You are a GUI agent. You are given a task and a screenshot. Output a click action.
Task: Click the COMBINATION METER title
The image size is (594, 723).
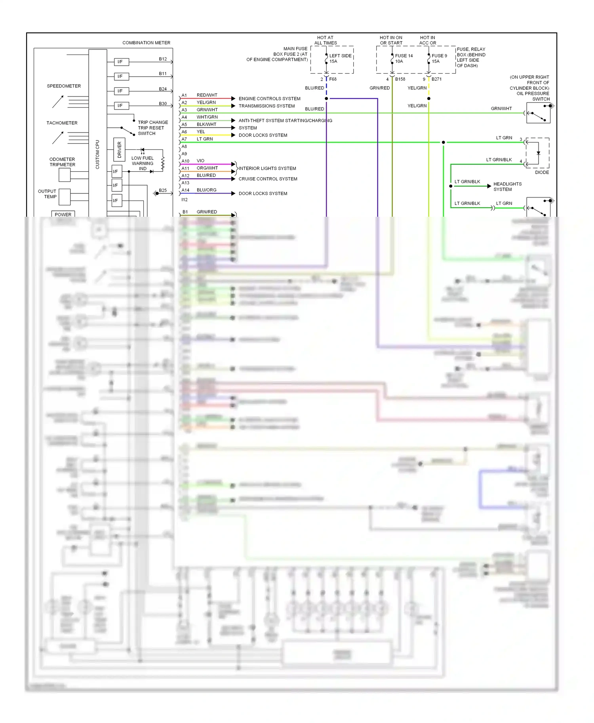(146, 43)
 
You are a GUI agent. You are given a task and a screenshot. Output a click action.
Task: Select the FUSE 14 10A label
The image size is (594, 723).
(404, 59)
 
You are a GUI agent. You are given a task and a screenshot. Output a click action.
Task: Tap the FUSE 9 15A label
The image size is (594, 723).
(439, 59)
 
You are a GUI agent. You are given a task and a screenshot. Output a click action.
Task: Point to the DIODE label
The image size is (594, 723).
(542, 172)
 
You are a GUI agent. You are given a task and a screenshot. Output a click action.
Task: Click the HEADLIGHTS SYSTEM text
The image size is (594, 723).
(507, 187)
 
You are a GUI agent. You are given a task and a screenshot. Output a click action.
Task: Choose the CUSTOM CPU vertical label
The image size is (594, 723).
(97, 154)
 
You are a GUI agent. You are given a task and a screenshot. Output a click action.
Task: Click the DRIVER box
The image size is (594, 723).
(119, 150)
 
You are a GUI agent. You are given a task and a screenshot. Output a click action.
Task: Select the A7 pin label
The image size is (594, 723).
(184, 139)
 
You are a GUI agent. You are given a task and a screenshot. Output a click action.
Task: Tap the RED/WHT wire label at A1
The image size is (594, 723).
(207, 95)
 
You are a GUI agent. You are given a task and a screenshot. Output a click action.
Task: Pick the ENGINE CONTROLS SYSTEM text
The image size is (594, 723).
(269, 99)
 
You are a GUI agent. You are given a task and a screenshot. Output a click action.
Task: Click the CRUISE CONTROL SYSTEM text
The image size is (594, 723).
(268, 179)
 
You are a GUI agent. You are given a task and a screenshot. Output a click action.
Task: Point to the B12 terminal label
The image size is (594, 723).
(163, 59)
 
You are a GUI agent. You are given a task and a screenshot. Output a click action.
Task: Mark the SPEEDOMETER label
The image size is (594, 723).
(64, 86)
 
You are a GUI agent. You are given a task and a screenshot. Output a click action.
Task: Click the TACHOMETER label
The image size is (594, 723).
(62, 123)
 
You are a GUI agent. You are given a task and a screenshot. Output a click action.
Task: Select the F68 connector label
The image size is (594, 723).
(333, 79)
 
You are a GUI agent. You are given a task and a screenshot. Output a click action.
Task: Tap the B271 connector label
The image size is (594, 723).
(436, 79)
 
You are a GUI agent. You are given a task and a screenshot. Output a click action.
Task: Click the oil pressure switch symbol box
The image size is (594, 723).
(538, 113)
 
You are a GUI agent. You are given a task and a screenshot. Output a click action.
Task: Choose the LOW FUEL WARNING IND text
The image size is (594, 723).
(143, 163)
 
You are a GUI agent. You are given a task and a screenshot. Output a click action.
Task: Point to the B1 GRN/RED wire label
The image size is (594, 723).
(207, 212)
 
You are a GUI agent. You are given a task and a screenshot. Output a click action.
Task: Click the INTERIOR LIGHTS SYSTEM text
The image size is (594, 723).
(267, 168)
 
